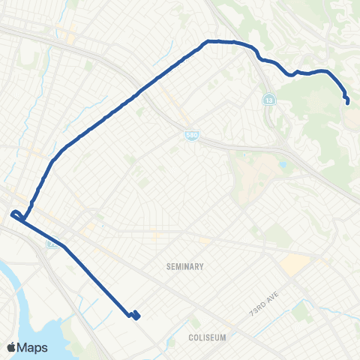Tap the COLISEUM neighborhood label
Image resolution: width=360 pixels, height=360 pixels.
point(208,337)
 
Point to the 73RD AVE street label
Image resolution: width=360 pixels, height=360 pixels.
point(268,306)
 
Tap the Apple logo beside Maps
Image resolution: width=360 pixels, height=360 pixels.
point(12,347)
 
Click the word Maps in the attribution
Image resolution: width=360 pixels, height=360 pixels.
point(33,347)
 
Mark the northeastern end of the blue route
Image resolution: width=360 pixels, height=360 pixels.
point(347,102)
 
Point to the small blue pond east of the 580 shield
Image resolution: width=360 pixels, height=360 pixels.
point(282,165)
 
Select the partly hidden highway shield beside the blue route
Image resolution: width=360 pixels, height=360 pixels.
point(52,242)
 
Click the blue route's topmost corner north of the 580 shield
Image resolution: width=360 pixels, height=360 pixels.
point(209,41)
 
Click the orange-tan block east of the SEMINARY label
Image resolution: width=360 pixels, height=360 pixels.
point(295,263)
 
